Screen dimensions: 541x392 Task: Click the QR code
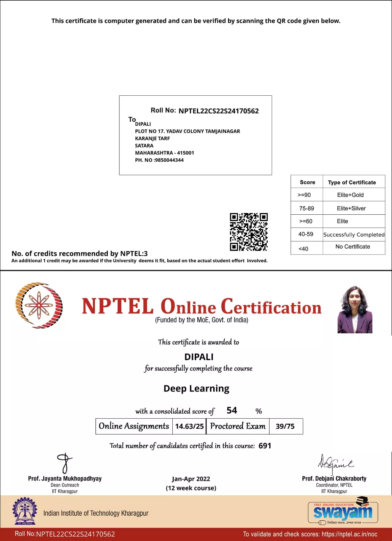pyautogui.click(x=249, y=232)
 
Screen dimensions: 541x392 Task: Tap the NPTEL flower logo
pyautogui.click(x=39, y=305)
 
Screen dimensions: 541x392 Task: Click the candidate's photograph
pyautogui.click(x=355, y=310)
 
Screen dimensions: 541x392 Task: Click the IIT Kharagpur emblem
pyautogui.click(x=24, y=511)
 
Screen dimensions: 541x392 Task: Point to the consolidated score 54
pyautogui.click(x=232, y=410)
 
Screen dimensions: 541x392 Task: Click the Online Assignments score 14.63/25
pyautogui.click(x=189, y=426)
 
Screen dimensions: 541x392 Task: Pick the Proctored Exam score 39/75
pyautogui.click(x=285, y=426)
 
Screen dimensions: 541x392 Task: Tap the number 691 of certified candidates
pyautogui.click(x=265, y=446)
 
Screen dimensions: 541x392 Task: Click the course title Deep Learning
pyautogui.click(x=196, y=389)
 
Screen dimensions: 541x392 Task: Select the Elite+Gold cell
pyautogui.click(x=350, y=195)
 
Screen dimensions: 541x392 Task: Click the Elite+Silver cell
pyautogui.click(x=351, y=208)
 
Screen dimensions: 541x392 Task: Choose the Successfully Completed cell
pyautogui.click(x=354, y=235)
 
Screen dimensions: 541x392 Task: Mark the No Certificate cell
pyautogui.click(x=352, y=247)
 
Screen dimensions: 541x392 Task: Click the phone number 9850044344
pyautogui.click(x=169, y=160)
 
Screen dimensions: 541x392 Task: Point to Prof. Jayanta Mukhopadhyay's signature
pyautogui.click(x=65, y=463)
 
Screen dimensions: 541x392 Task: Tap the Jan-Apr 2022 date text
pyautogui.click(x=191, y=479)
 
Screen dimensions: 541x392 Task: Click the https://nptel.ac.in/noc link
pyautogui.click(x=349, y=534)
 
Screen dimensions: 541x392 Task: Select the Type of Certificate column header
pyautogui.click(x=352, y=182)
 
